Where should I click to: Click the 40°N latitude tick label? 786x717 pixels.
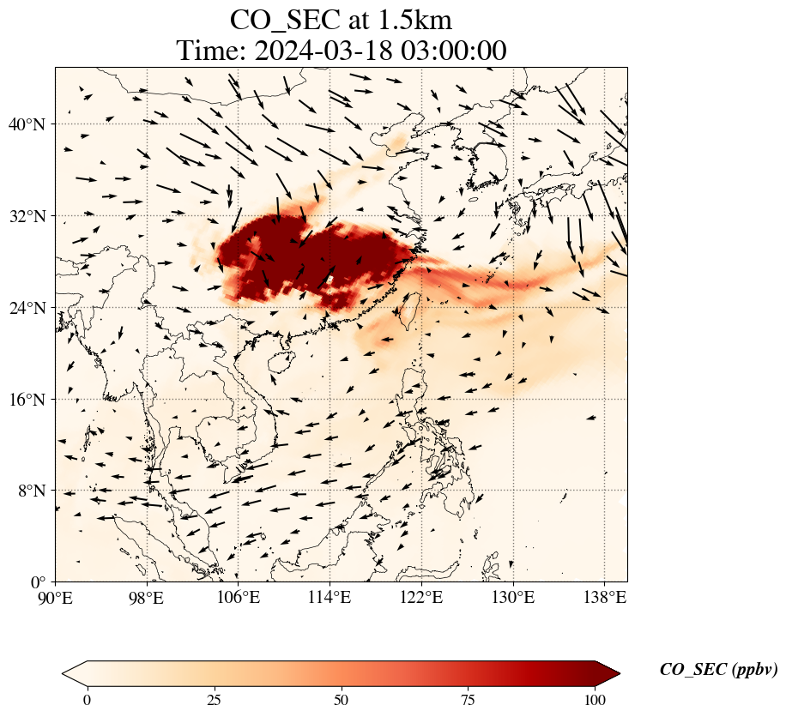[31, 124]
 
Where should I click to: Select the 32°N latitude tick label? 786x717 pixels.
[31, 216]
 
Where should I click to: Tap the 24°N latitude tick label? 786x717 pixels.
[31, 308]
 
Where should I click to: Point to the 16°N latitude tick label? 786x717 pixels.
[31, 400]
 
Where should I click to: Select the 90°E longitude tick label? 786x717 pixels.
[56, 598]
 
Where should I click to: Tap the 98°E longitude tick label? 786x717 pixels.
[147, 598]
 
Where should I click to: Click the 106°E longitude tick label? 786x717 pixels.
[239, 598]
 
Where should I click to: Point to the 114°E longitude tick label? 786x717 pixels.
[330, 598]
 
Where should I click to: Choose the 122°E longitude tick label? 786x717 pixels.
[421, 598]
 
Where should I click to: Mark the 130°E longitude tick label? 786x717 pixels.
[512, 598]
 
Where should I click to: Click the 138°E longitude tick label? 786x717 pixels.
[604, 598]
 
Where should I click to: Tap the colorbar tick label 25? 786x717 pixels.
[215, 700]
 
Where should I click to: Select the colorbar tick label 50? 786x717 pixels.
[342, 700]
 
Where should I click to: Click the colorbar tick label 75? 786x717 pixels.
[469, 700]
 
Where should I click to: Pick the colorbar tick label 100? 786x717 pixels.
[596, 700]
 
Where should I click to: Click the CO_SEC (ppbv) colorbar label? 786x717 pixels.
[718, 671]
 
